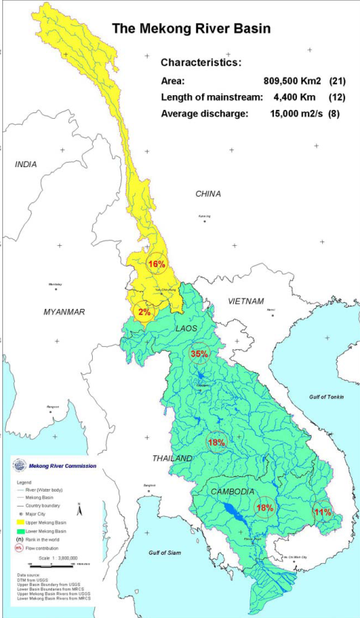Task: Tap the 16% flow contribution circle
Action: click(157, 264)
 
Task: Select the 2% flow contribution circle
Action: click(143, 312)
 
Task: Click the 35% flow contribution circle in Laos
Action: click(199, 354)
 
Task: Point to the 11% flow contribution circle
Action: click(322, 512)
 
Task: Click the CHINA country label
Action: click(208, 194)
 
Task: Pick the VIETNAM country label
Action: click(246, 301)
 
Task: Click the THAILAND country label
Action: click(172, 458)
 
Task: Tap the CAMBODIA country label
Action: click(231, 492)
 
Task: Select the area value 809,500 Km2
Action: click(294, 81)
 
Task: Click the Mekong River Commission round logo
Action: click(19, 466)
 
